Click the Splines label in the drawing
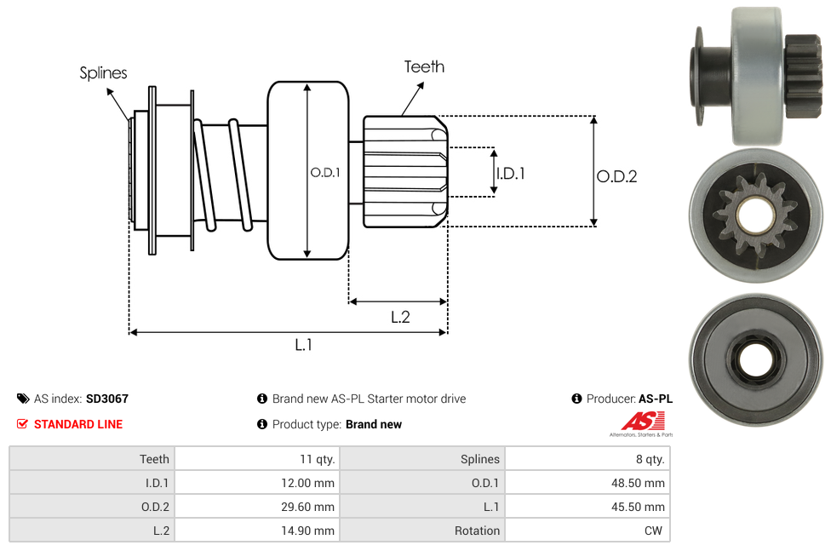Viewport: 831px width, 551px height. [x=103, y=73]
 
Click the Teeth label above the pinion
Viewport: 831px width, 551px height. [x=424, y=66]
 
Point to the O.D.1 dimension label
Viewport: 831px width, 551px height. [x=325, y=172]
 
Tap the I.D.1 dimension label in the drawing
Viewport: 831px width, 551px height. [x=510, y=173]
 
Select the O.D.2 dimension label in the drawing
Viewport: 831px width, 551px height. [x=616, y=176]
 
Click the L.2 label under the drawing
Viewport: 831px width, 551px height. [x=400, y=317]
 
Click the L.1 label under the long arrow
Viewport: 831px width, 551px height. [x=303, y=345]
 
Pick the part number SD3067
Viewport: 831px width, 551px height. [x=107, y=399]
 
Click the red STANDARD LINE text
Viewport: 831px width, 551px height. [x=78, y=424]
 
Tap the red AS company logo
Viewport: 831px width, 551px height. [x=639, y=421]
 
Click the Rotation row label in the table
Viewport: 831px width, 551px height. [x=477, y=531]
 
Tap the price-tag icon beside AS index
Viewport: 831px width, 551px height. [x=23, y=399]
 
